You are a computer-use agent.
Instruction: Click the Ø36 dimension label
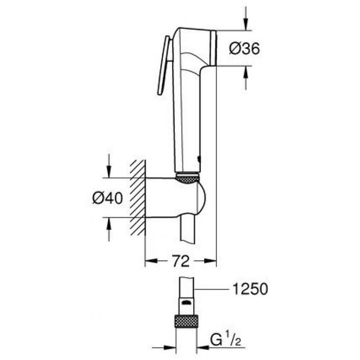pos(244,48)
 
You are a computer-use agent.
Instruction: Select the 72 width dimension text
pos(180,262)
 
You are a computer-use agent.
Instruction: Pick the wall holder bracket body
pos(170,198)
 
